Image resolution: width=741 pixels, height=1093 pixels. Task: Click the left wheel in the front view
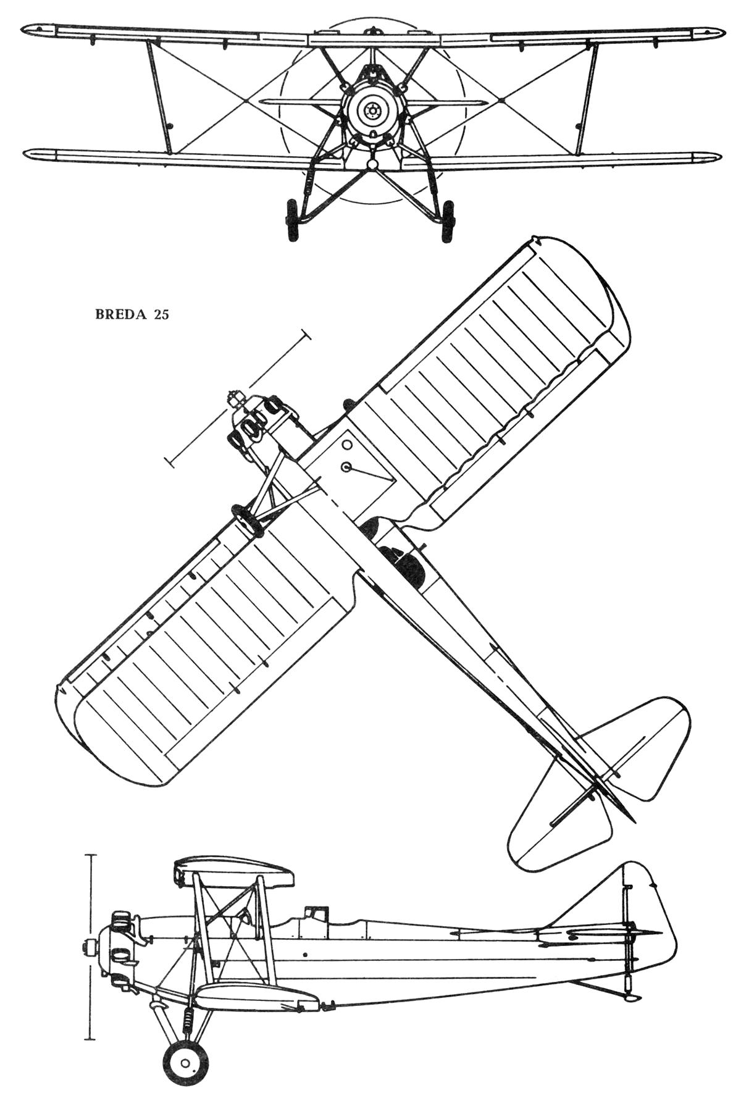coord(291,219)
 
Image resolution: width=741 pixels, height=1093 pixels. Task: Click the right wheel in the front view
coord(448,219)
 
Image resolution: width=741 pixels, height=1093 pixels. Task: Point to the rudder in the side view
coord(648,908)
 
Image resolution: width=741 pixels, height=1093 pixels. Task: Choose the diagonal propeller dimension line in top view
coord(238,398)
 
